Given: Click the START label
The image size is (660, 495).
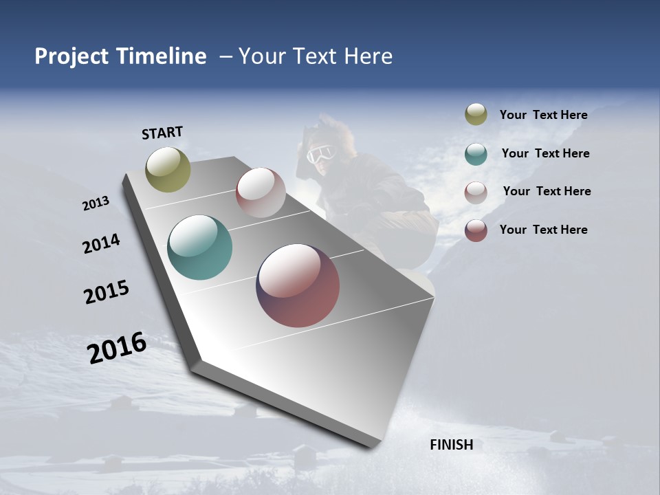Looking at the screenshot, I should [x=162, y=133].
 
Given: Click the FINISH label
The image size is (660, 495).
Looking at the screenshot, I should [x=451, y=445].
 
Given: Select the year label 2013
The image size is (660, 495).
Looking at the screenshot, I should [x=96, y=203].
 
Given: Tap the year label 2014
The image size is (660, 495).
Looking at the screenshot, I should [x=101, y=244].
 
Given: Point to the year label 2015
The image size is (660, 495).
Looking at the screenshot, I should [x=106, y=292].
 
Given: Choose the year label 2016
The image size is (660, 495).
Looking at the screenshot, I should [x=117, y=348].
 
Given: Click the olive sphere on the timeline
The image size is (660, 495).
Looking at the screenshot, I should [x=168, y=169].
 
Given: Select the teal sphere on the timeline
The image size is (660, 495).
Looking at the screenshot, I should [x=199, y=247].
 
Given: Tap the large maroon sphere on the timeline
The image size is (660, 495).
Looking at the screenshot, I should [x=298, y=285].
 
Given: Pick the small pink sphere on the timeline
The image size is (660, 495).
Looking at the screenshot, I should [x=261, y=192].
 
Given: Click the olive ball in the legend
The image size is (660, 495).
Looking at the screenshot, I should [x=476, y=114].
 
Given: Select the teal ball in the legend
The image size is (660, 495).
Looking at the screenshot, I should [x=476, y=154].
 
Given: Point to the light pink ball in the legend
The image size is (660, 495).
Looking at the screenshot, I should [x=476, y=192].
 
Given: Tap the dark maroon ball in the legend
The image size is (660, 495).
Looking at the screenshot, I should [x=476, y=230].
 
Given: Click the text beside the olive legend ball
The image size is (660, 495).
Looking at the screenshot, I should [x=543, y=115].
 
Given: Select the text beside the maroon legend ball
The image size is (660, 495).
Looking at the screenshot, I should [x=543, y=230].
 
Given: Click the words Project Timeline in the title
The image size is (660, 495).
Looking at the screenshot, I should [x=120, y=56].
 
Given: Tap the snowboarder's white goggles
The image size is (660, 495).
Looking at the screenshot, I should [x=319, y=154].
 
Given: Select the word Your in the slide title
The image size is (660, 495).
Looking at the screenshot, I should [x=261, y=56].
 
